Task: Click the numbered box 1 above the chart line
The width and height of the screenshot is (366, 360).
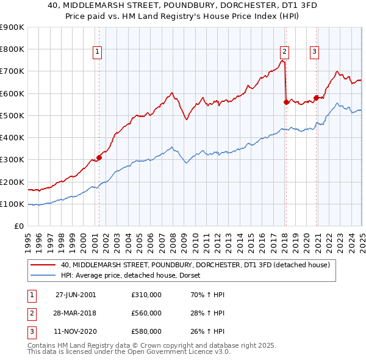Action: click(98, 52)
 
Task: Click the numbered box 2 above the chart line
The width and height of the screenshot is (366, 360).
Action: click(284, 52)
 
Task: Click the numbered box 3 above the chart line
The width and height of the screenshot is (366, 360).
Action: click(314, 52)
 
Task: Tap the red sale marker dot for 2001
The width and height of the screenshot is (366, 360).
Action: click(99, 157)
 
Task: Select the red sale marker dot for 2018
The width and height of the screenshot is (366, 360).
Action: click(286, 102)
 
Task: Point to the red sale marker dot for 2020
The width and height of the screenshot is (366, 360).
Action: click(316, 98)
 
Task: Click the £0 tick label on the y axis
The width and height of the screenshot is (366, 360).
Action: click(18, 226)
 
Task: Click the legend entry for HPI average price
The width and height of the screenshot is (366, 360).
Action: click(134, 275)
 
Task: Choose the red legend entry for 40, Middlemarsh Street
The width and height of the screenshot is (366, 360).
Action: click(195, 265)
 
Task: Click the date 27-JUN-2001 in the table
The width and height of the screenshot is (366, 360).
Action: click(76, 294)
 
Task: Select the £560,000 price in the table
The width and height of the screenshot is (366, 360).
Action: click(146, 313)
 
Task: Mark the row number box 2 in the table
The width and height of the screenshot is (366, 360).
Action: click(31, 313)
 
